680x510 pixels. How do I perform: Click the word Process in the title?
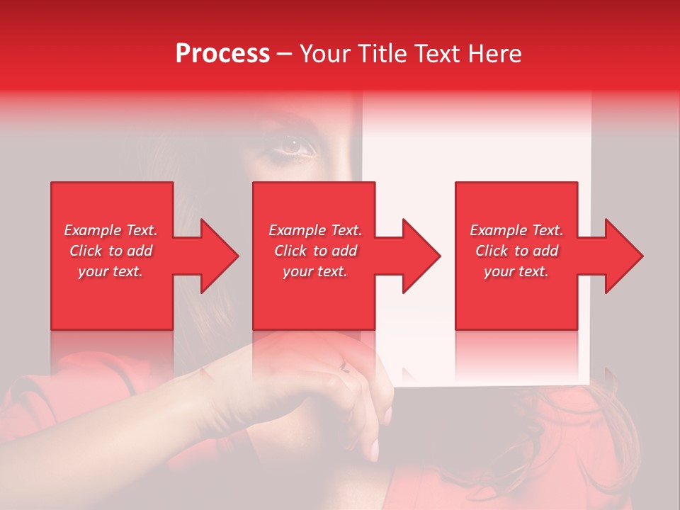click(222, 54)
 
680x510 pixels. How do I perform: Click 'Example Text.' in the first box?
click(110, 230)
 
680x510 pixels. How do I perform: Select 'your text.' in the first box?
click(110, 271)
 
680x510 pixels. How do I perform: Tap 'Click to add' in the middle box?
click(315, 251)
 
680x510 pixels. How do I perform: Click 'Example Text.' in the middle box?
click(315, 230)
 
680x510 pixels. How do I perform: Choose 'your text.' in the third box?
click(516, 271)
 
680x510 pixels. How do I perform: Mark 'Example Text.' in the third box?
click(516, 230)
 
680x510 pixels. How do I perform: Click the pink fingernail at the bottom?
click(373, 448)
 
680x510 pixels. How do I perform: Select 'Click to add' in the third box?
click(516, 251)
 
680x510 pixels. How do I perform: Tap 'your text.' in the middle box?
click(315, 271)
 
